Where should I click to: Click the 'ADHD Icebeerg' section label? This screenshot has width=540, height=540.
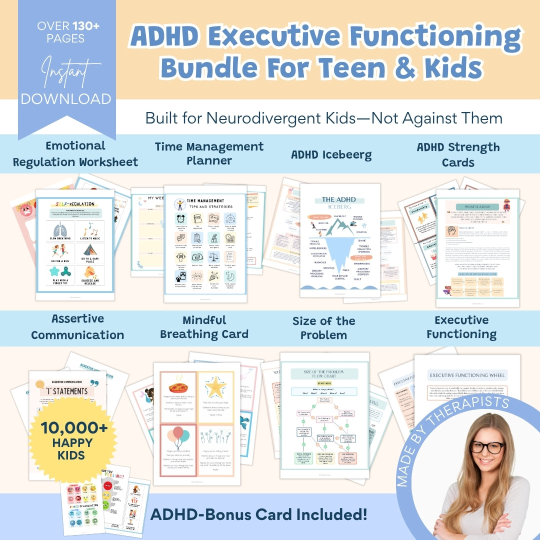pos(331,154)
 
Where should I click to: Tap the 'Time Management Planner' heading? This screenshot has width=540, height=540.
pos(209,153)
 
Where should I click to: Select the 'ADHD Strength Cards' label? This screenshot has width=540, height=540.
pos(458,154)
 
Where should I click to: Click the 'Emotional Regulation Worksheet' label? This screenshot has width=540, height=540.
pos(75,153)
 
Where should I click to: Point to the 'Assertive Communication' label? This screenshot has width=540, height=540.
pos(77,327)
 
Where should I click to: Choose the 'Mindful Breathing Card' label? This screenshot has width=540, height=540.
pos(204,327)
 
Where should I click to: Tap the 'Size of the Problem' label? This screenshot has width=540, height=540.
pos(324,328)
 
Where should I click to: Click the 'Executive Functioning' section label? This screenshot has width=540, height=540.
pos(461,327)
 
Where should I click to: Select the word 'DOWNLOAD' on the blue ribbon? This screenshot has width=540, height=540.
pos(66,98)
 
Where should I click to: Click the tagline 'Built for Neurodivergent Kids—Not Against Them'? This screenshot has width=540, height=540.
pos(324,118)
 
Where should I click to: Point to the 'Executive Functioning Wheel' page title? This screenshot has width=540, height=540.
pos(467,375)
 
